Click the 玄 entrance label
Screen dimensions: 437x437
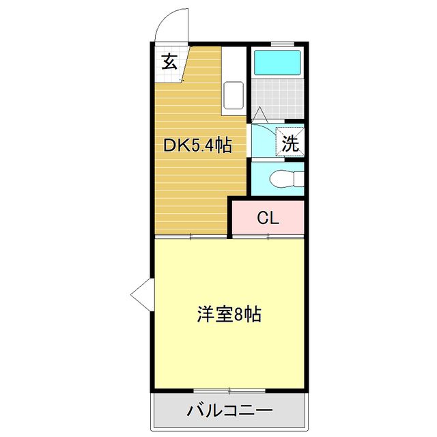[x=169, y=62]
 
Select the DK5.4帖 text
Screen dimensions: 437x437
[x=196, y=145]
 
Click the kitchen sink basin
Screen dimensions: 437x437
[x=234, y=96]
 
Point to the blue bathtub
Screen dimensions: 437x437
[x=277, y=64]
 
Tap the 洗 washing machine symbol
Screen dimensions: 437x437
[x=291, y=143]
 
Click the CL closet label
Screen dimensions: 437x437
[x=268, y=218]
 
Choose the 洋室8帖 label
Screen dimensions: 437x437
[x=229, y=315]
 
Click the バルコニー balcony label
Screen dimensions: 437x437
[x=229, y=412]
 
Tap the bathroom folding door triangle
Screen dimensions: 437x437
[x=260, y=116]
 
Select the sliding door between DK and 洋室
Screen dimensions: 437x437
[x=191, y=236]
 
